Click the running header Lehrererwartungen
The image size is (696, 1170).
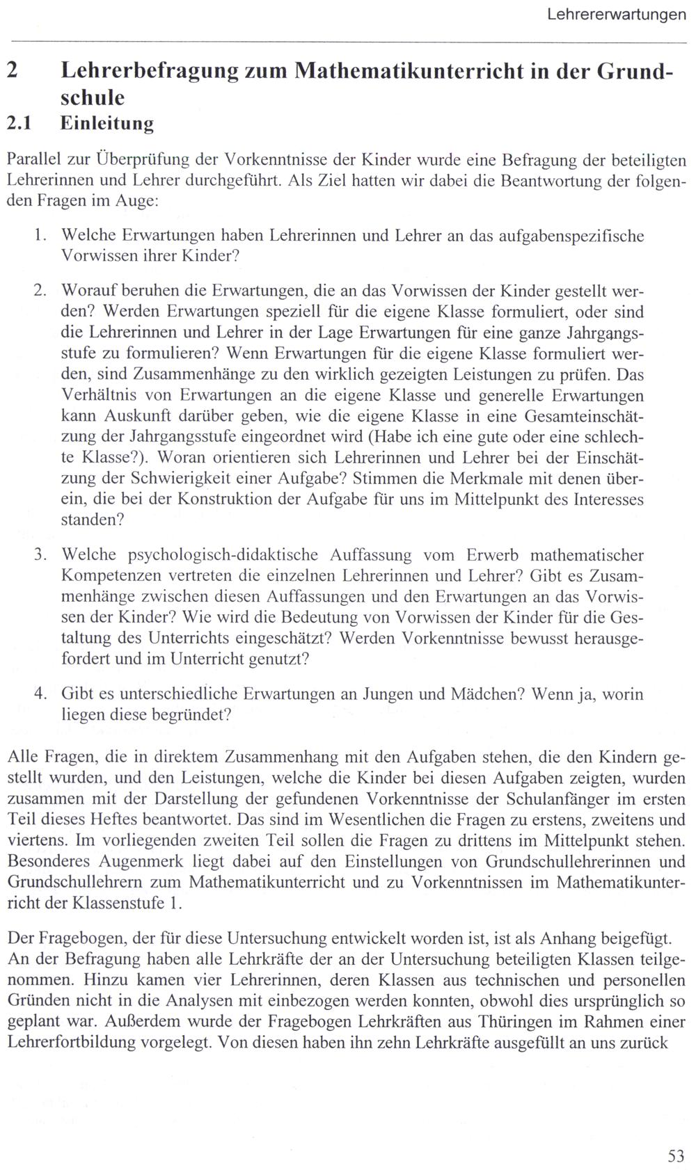point(617,14)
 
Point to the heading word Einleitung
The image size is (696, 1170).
point(107,124)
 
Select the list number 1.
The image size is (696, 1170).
point(38,236)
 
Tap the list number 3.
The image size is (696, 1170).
point(38,554)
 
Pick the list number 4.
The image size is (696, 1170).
point(38,694)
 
